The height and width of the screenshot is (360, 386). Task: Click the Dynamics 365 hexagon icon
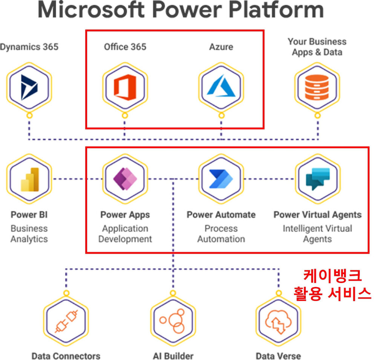click(x=29, y=88)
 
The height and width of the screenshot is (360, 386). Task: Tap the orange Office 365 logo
click(x=125, y=88)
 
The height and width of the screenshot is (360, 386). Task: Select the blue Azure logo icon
click(x=221, y=88)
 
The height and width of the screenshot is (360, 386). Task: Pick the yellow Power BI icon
click(x=29, y=180)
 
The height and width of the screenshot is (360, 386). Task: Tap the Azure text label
click(x=221, y=47)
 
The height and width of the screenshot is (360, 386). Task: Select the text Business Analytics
click(x=29, y=234)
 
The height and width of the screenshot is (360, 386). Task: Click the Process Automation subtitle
click(x=221, y=234)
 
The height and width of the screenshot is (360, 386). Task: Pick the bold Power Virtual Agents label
click(x=317, y=215)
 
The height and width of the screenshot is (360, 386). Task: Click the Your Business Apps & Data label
click(x=317, y=47)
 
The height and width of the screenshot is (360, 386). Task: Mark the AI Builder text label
click(x=173, y=355)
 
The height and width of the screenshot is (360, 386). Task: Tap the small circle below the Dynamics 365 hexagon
click(x=29, y=115)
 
